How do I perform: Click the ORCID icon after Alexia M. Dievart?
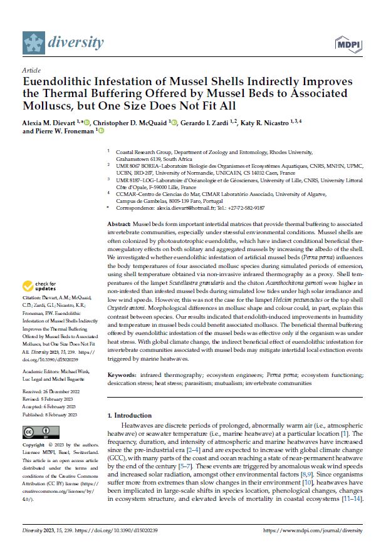(x=88, y=121)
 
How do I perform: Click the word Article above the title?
(x=31, y=70)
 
